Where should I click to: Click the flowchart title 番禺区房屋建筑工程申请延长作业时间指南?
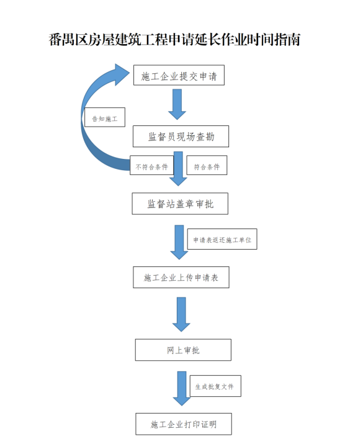pos(174,40)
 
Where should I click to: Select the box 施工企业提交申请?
pos(179,75)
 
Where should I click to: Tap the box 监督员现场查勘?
pos(181,137)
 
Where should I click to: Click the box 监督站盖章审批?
pos(180,204)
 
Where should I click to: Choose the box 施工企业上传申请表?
pos(181,277)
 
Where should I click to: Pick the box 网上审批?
pos(183,350)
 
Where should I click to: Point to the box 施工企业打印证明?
pos(184,424)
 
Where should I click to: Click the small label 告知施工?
pos(105,117)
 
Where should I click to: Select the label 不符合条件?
pos(151,165)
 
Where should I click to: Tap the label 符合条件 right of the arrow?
pos(207,165)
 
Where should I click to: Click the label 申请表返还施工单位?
pos(222,239)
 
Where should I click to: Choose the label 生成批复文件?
pos(215,386)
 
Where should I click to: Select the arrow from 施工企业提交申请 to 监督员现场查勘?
pos(177,104)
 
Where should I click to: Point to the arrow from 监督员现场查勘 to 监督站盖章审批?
pos(178,169)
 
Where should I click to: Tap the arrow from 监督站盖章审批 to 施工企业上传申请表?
pos(179,242)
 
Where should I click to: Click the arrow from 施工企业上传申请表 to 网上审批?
pos(181,314)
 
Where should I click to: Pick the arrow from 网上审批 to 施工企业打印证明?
pos(182,388)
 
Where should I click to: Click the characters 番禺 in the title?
pos(62,40)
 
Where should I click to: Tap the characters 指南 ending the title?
pos(288,40)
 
